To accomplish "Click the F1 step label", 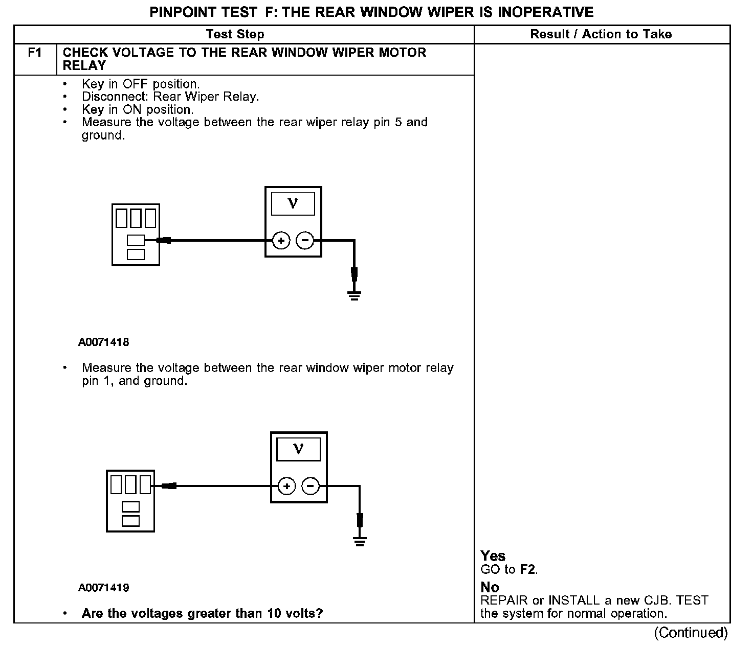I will pyautogui.click(x=34, y=53).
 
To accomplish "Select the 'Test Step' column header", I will pyautogui.click(x=235, y=34).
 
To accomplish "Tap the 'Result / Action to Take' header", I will pyautogui.click(x=601, y=34).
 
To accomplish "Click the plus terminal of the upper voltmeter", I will pyautogui.click(x=281, y=240).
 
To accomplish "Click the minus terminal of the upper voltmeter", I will pyautogui.click(x=305, y=240).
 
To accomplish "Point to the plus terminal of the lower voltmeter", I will pyautogui.click(x=286, y=486).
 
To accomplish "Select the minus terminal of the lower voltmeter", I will pyautogui.click(x=311, y=486).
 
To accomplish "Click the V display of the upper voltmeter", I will pyautogui.click(x=293, y=204).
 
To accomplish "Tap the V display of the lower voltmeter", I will pyautogui.click(x=298, y=449).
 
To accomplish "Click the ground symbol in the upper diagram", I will pyautogui.click(x=354, y=295).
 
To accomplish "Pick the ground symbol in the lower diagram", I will pyautogui.click(x=360, y=541).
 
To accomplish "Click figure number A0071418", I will pyautogui.click(x=103, y=342).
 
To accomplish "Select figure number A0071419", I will pyautogui.click(x=103, y=588).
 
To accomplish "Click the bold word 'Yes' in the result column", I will pyautogui.click(x=493, y=556).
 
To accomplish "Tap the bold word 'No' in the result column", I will pyautogui.click(x=490, y=587).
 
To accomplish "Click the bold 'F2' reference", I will pyautogui.click(x=528, y=569).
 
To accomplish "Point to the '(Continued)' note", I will pyautogui.click(x=690, y=633).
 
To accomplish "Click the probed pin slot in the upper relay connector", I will pyautogui.click(x=136, y=240).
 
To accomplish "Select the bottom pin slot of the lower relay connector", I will pyautogui.click(x=130, y=521).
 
